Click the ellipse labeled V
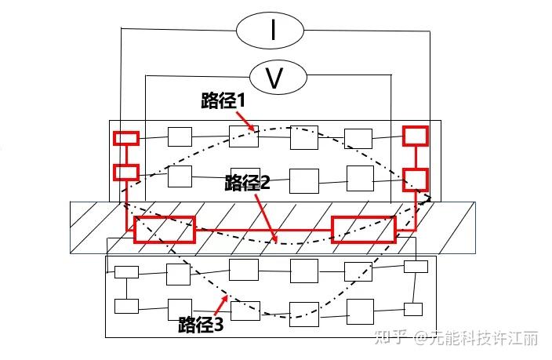tap(274, 77)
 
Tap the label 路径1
tap(224, 101)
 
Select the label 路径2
tap(248, 182)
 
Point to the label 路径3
tap(202, 323)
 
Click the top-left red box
tap(126, 138)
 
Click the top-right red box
tap(416, 136)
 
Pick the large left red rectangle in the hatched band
tap(164, 229)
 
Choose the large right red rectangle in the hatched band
tap(364, 228)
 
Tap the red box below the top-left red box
tap(126, 172)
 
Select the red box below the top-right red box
tap(416, 179)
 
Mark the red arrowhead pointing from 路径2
tap(274, 241)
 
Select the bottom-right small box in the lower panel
tap(412, 308)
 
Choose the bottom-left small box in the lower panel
tap(126, 305)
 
